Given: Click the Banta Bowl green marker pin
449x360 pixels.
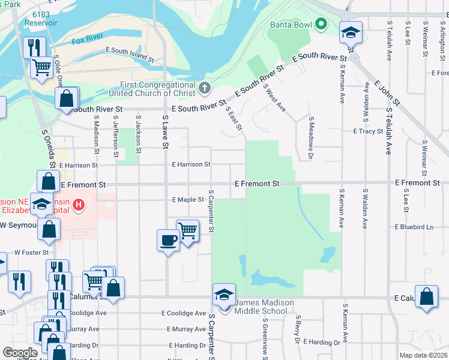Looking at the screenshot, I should point(321,25).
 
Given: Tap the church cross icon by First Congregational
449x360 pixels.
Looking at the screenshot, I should point(204,89).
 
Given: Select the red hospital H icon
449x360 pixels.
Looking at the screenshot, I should point(78,206).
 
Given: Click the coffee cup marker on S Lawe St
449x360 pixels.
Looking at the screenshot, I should point(168,240).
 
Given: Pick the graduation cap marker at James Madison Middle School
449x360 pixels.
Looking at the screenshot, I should point(224,295).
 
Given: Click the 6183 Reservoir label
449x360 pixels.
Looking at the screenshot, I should point(41,18).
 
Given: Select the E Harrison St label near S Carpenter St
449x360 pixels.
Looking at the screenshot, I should point(191,164).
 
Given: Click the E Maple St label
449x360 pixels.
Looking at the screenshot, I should point(188,200).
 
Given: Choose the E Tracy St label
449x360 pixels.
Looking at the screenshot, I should point(368,131).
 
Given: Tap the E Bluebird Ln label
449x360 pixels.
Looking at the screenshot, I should point(414,227).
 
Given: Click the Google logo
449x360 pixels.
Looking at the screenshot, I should point(20,353).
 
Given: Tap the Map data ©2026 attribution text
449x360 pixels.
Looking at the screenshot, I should point(423,355).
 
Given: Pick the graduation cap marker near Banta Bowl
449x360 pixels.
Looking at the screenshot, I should point(350,32).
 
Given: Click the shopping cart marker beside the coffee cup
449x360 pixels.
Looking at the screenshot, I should point(188,230).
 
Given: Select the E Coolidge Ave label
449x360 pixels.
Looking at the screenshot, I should point(184,313).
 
